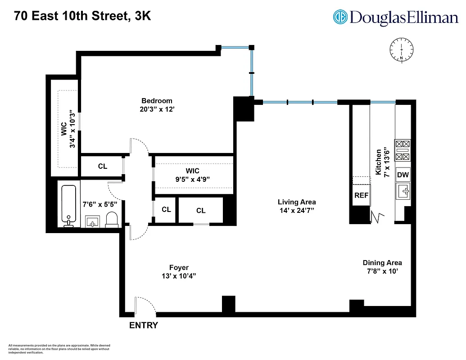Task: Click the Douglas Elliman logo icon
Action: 340,17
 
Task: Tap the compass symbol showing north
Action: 401,50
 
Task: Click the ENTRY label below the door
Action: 144,325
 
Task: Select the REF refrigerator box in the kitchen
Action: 361,195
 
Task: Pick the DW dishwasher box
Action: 403,175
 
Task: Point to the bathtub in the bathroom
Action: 69,205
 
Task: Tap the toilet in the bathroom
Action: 112,219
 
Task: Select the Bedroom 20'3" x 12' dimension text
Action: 157,108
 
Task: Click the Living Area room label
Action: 296,202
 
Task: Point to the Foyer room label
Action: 179,267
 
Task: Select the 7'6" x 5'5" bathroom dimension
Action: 100,204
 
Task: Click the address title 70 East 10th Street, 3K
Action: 82,16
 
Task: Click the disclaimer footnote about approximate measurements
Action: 59,349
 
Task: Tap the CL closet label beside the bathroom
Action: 103,166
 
